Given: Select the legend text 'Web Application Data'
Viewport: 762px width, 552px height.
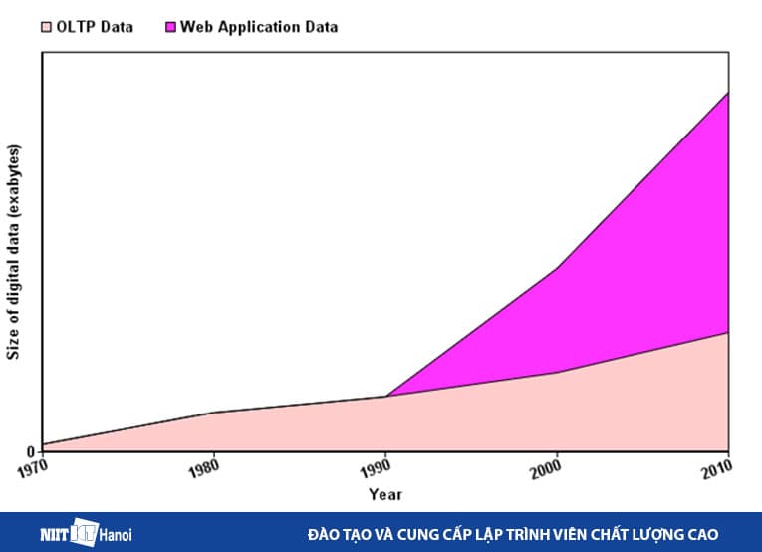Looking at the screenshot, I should pyautogui.click(x=258, y=27).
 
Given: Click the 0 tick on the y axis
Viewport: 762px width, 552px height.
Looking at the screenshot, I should pyautogui.click(x=30, y=452).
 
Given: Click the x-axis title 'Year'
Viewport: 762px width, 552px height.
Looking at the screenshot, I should pyautogui.click(x=385, y=494).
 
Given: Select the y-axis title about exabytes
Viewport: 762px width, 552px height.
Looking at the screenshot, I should pyautogui.click(x=13, y=252).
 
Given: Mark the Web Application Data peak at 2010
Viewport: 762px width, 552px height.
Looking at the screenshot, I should pyautogui.click(x=728, y=93).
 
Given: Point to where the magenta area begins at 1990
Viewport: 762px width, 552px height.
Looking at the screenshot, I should pyautogui.click(x=386, y=396).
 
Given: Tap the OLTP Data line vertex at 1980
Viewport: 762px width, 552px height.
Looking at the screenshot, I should pyautogui.click(x=215, y=412).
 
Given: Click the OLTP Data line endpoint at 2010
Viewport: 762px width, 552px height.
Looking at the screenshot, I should pyautogui.click(x=728, y=332).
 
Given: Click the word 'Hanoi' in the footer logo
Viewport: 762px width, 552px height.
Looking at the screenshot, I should pyautogui.click(x=116, y=535).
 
